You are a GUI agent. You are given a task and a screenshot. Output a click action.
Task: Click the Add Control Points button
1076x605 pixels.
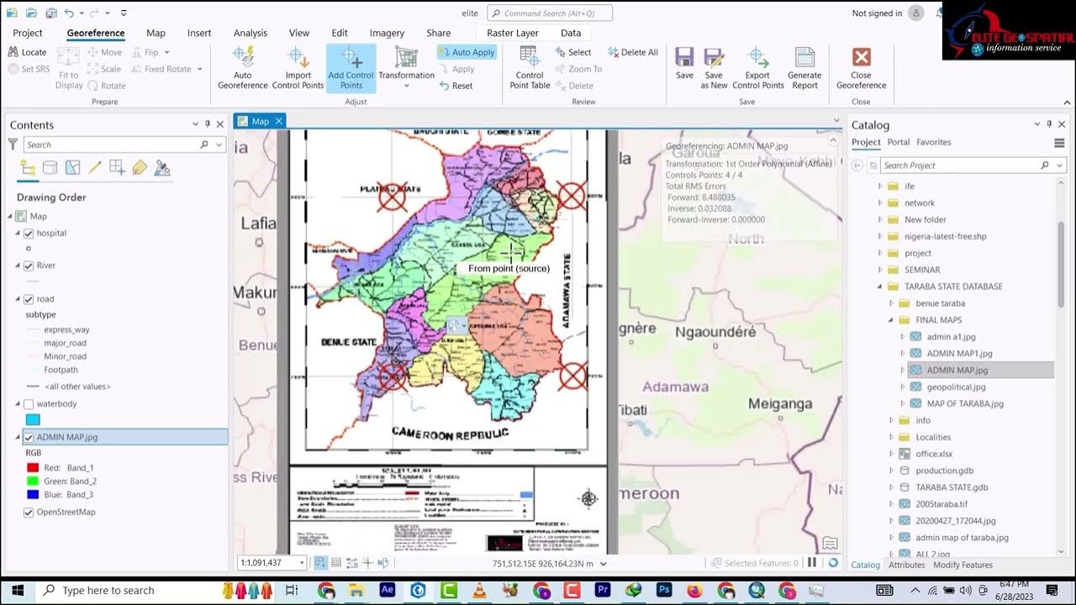click(351, 68)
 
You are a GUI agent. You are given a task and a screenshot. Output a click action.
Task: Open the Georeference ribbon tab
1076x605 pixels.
click(96, 33)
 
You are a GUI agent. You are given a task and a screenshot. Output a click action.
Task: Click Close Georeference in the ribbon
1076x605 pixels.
click(861, 68)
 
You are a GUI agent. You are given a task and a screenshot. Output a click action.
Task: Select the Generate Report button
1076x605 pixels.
click(804, 68)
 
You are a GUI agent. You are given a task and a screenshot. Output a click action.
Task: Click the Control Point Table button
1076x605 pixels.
click(530, 68)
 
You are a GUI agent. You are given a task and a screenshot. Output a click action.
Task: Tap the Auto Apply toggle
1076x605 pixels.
click(467, 52)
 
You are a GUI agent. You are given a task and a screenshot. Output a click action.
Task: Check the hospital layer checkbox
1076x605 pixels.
click(29, 234)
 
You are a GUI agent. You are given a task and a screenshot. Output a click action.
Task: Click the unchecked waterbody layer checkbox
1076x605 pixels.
click(29, 404)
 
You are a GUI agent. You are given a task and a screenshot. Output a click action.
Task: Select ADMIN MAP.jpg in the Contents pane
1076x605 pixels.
click(67, 437)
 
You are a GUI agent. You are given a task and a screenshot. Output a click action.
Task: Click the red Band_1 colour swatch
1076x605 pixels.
click(33, 468)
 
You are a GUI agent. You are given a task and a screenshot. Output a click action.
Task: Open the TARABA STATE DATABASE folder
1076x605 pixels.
click(953, 287)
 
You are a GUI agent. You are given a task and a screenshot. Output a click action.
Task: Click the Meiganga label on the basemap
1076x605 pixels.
click(780, 403)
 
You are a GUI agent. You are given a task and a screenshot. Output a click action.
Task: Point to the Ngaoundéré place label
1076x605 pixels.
click(715, 332)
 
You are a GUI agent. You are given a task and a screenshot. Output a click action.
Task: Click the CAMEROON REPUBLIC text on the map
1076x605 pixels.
click(450, 434)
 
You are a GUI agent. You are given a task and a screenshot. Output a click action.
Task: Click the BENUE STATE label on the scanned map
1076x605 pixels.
click(349, 342)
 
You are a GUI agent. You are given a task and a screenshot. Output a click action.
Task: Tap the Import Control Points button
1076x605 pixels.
click(298, 68)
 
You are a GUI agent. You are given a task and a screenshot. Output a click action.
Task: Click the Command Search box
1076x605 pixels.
click(550, 13)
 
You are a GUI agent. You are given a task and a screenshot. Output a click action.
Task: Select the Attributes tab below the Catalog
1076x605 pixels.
click(906, 566)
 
